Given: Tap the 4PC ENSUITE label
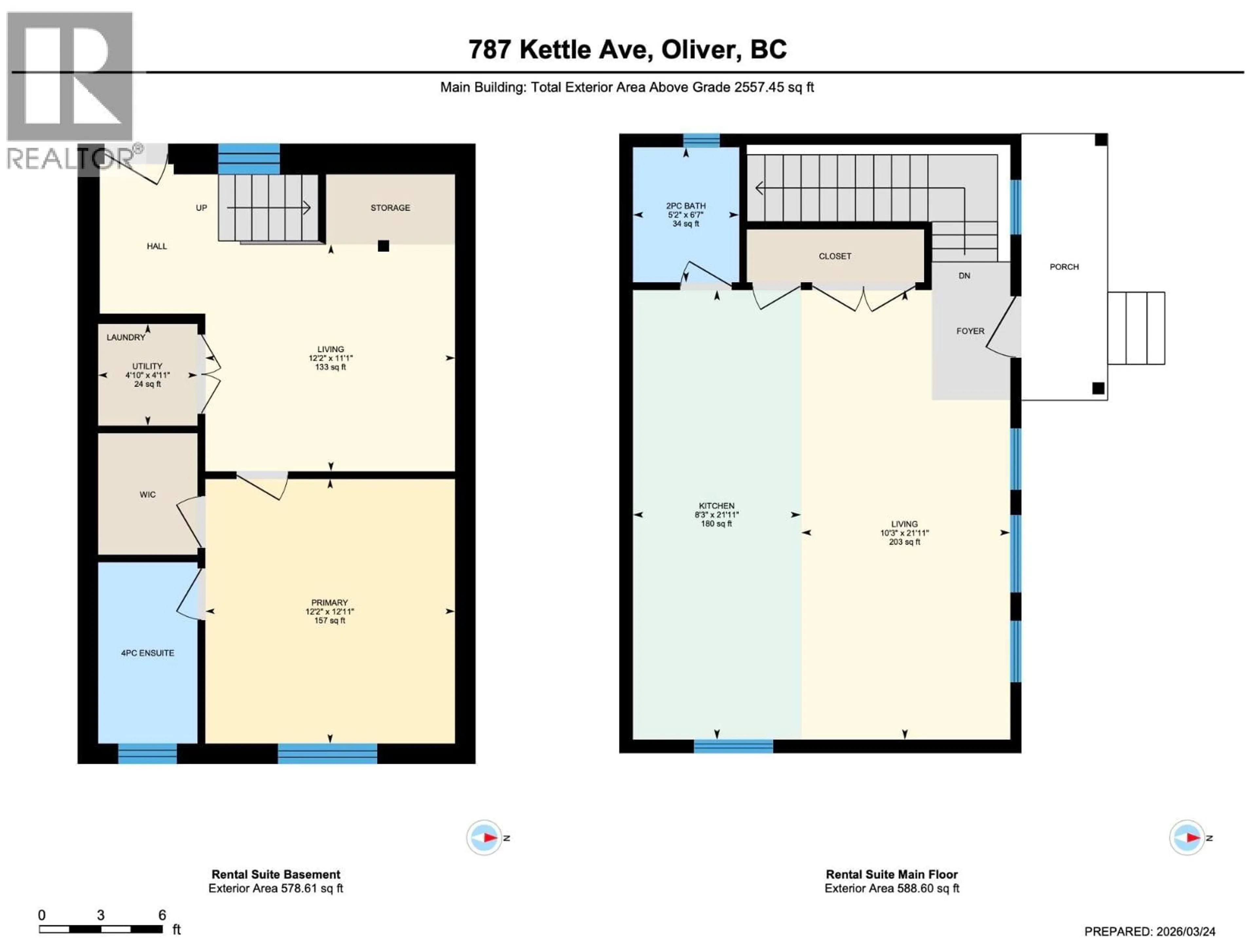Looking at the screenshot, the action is tap(147, 653).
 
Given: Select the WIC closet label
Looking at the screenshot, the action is tap(147, 494).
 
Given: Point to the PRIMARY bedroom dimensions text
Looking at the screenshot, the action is tap(330, 612).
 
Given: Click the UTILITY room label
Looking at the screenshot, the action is tap(147, 366).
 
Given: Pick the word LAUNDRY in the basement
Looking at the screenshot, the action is tap(126, 337).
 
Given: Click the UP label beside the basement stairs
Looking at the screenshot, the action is tap(201, 208).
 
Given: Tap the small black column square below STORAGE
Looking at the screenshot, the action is tap(384, 246).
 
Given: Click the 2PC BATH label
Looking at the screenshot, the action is tap(686, 206).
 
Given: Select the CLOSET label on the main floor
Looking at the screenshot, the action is tap(835, 256).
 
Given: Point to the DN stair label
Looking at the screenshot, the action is tap(964, 276).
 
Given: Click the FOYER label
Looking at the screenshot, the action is tap(970, 331).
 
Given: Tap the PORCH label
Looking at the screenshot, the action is tap(1064, 267).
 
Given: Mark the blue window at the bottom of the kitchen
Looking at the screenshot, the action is tap(733, 746).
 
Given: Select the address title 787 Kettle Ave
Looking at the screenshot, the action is tap(628, 49).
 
